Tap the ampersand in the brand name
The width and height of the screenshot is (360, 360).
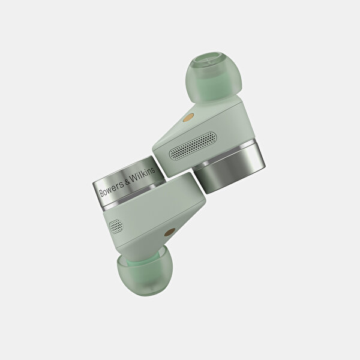(x=127, y=182)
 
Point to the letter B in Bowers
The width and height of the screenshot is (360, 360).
(x=101, y=193)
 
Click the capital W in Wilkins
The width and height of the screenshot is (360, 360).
(x=134, y=178)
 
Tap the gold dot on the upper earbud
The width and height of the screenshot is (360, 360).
(x=188, y=118)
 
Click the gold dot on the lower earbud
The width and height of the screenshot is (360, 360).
(x=169, y=233)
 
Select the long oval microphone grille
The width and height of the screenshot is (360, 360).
(x=193, y=146)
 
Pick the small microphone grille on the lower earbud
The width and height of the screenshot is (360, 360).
(x=116, y=226)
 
